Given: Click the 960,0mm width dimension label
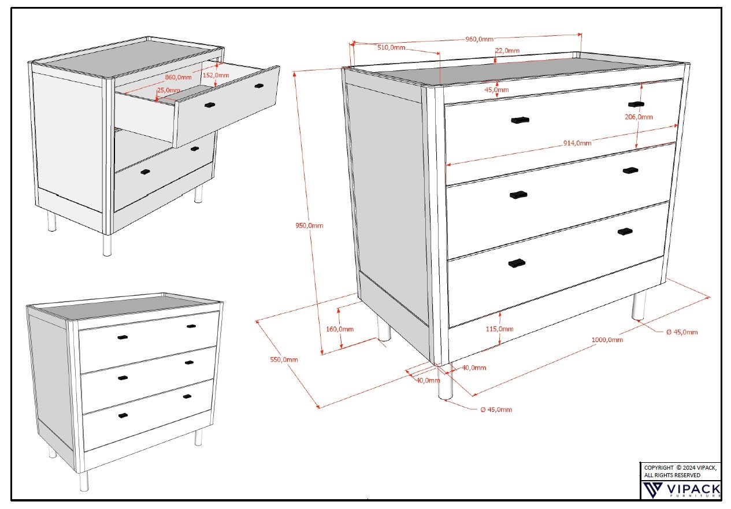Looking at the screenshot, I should coord(479,39).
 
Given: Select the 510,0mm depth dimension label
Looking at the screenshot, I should coord(391,47).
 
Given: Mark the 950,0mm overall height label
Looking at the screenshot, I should coord(306,225).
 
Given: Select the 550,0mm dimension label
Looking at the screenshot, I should coord(284,359).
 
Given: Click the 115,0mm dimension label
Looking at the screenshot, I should coord(500,329).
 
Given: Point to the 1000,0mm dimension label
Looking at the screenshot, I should coord(607,340).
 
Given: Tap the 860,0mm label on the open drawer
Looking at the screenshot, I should coord(178,77).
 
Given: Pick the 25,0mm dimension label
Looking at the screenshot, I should coord(168,90).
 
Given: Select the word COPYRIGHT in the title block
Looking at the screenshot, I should coord(658,467).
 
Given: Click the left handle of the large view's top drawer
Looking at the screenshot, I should coord(520,120).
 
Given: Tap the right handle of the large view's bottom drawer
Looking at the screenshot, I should coord(625,232).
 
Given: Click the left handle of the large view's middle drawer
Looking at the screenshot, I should coord(518,195).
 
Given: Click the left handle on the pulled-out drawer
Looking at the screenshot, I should coord(209,105).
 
